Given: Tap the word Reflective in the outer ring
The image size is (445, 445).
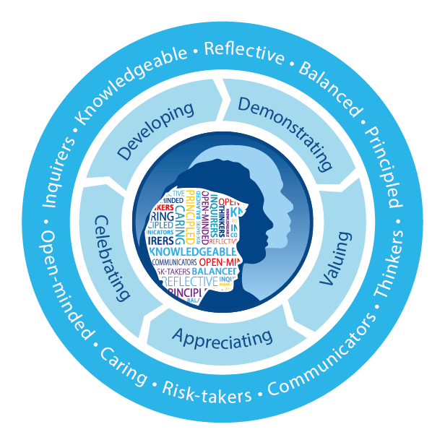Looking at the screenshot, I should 244,53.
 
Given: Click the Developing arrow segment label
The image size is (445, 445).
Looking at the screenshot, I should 156,130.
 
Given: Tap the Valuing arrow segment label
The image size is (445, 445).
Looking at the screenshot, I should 333,257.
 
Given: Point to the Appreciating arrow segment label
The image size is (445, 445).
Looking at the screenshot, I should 222,336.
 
